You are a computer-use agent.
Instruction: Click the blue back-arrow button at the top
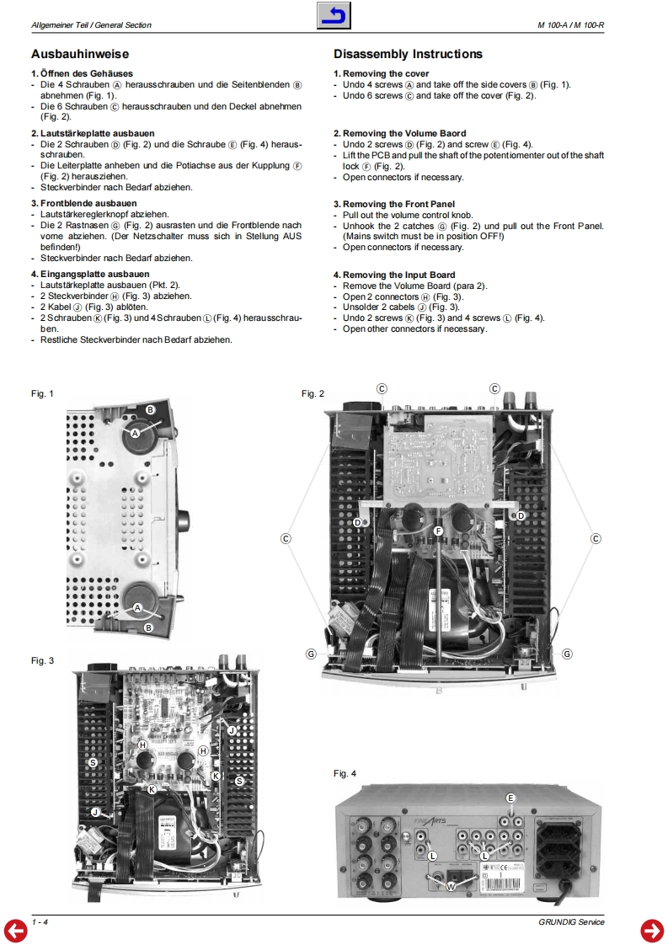coord(334,16)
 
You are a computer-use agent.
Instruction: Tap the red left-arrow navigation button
coord(16,930)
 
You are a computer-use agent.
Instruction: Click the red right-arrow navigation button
coord(652,930)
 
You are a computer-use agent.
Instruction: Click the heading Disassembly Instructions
coord(408,54)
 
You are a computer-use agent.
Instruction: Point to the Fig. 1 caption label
coord(42,393)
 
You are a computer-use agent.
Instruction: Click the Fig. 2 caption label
coord(313,393)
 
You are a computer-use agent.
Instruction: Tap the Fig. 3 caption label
coord(42,660)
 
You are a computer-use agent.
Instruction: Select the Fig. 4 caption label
coord(345,773)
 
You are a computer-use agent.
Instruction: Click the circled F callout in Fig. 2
coord(438,531)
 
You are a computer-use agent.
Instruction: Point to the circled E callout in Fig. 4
coord(510,798)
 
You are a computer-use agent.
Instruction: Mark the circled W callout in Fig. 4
coord(451,886)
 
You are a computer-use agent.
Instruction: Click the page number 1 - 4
coord(40,922)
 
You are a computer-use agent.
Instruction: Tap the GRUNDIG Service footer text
coord(572,922)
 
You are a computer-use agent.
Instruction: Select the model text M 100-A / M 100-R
coord(571,25)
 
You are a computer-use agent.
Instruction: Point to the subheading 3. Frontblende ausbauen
coord(84,204)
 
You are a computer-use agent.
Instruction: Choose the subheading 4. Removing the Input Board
coord(394,275)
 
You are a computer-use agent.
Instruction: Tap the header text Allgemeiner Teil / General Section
coord(91,25)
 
